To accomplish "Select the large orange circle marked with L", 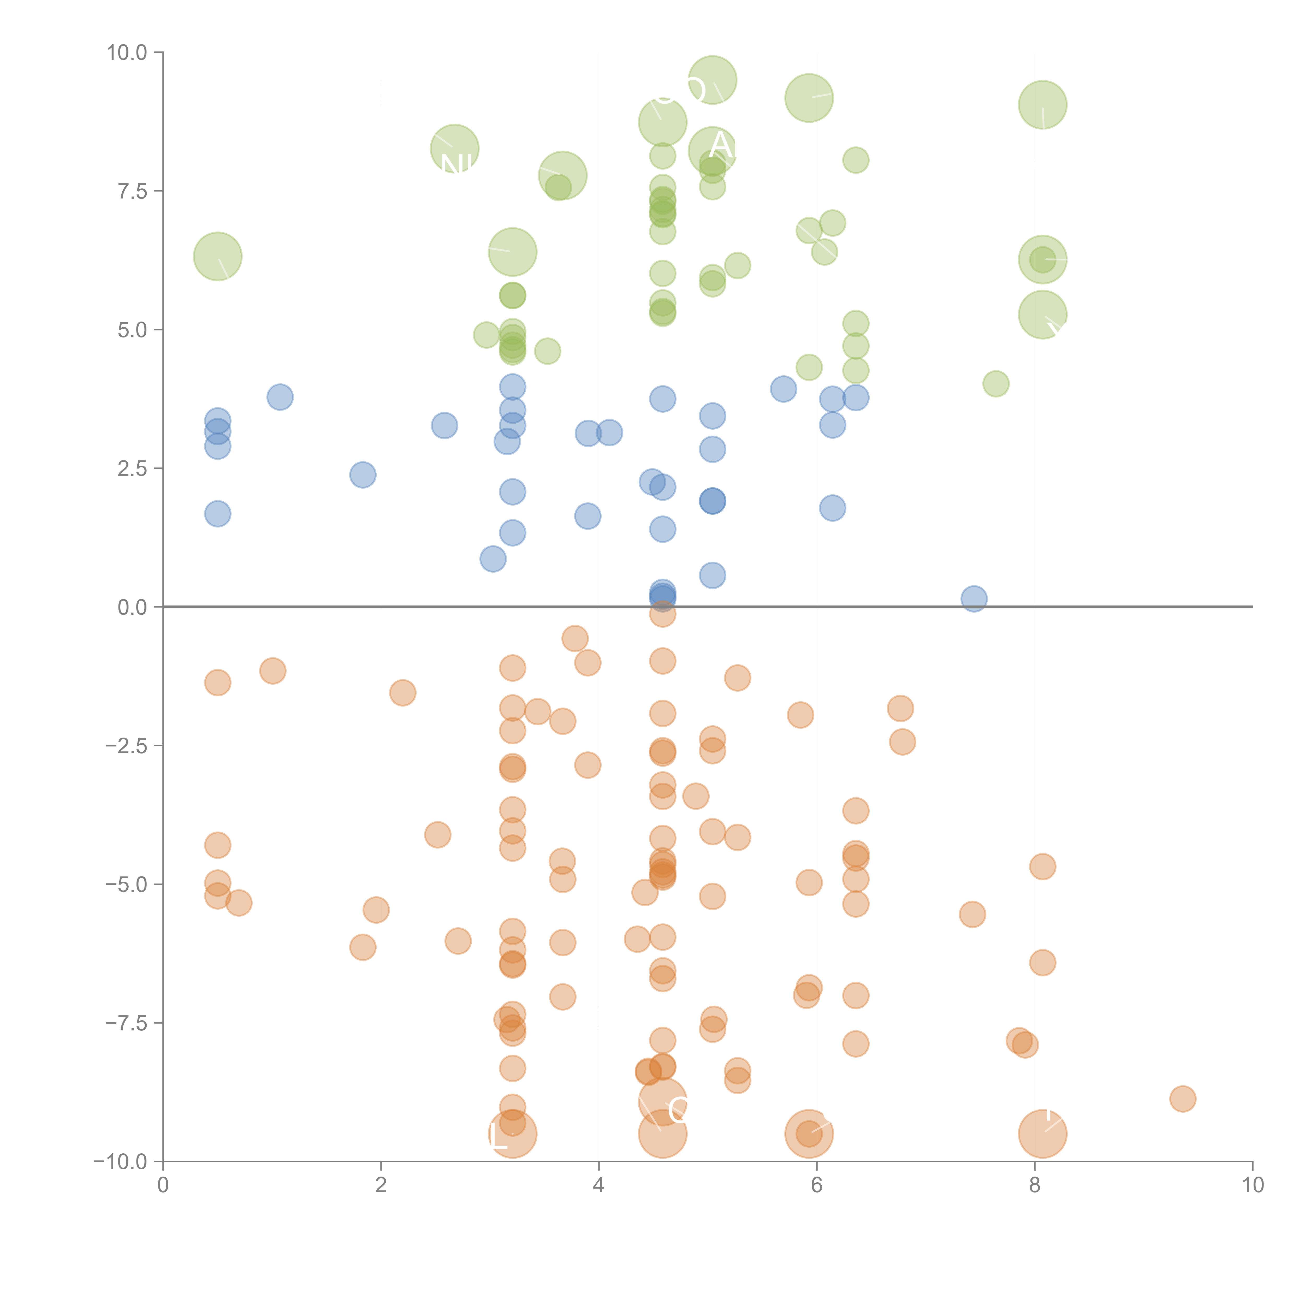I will (513, 1134).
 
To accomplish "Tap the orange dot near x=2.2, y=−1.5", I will (402, 692).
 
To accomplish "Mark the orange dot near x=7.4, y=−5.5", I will (972, 915).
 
